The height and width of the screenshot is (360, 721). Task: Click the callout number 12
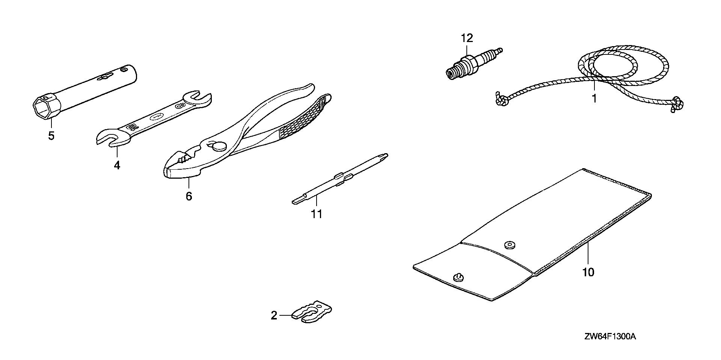[467, 38]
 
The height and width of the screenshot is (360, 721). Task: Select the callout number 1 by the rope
[594, 88]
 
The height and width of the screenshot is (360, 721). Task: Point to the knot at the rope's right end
[677, 104]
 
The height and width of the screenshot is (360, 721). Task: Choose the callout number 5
[51, 136]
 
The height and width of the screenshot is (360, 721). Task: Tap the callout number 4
[117, 165]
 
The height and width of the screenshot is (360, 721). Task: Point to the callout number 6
[189, 196]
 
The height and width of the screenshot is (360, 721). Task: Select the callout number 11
[317, 214]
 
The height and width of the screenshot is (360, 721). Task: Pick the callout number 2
[274, 315]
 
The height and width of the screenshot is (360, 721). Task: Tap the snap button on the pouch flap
[510, 245]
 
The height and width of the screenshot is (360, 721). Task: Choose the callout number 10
[588, 272]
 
